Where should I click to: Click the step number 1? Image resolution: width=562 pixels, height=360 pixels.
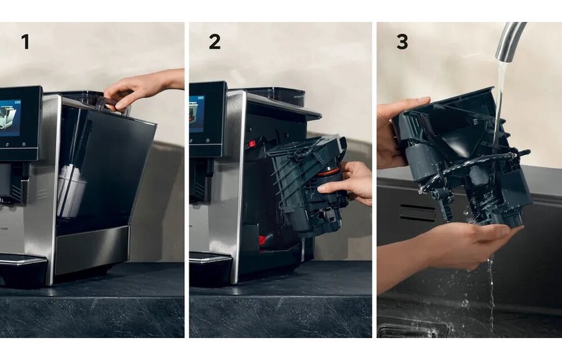click(x=25, y=42)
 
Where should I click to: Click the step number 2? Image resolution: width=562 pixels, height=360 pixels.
click(x=214, y=42)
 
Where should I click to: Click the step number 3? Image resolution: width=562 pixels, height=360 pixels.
click(x=402, y=42)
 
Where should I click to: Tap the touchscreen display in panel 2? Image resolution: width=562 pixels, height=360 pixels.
click(x=197, y=113)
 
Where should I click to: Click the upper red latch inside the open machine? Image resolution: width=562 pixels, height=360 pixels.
click(x=253, y=144)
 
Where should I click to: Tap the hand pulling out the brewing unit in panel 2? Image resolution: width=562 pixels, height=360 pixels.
click(x=348, y=183)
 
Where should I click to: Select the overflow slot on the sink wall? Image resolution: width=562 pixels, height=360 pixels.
click(x=417, y=213)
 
